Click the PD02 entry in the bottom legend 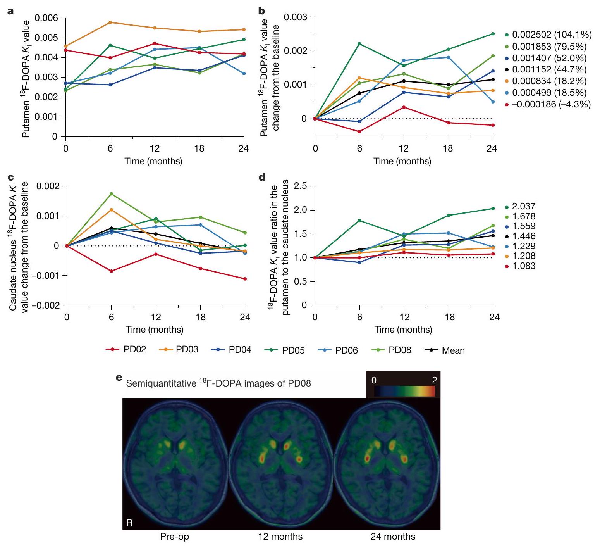point(134,349)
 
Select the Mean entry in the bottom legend point(453,350)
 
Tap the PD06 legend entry point(346,350)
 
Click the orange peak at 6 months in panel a point(110,22)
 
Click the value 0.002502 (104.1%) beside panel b point(552,35)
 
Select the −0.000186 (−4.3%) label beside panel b point(551,104)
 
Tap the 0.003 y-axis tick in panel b point(295,17)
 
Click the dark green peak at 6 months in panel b point(359,43)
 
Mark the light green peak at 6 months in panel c point(112,194)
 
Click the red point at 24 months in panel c point(245,279)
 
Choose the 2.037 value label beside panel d point(524,206)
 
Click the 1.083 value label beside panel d point(524,266)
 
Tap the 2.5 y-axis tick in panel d point(301,186)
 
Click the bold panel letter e point(119,377)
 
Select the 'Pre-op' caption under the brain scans point(175,537)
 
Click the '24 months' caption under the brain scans point(393,537)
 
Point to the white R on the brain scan point(129,523)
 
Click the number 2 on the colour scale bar point(434,380)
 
